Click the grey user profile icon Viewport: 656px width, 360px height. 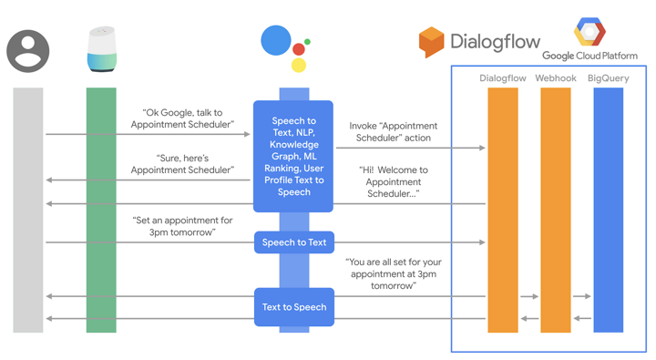(28, 51)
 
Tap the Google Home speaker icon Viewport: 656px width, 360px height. (101, 49)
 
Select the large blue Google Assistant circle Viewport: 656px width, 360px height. (276, 41)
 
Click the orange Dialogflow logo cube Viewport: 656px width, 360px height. (431, 42)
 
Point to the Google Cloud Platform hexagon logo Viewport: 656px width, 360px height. (589, 33)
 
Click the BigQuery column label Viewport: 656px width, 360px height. (608, 78)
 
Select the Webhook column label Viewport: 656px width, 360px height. (555, 78)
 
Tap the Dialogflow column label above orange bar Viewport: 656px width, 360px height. (503, 78)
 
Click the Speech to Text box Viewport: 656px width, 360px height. (293, 242)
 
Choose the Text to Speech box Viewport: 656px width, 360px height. (293, 307)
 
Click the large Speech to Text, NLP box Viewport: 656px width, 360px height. (293, 157)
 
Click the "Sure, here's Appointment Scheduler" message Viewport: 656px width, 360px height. (182, 164)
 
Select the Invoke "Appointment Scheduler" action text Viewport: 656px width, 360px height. (393, 132)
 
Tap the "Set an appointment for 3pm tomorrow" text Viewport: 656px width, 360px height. (182, 226)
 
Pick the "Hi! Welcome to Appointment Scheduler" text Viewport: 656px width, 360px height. (393, 181)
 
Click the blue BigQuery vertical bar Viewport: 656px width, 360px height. (608, 210)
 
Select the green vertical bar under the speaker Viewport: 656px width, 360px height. (101, 210)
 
